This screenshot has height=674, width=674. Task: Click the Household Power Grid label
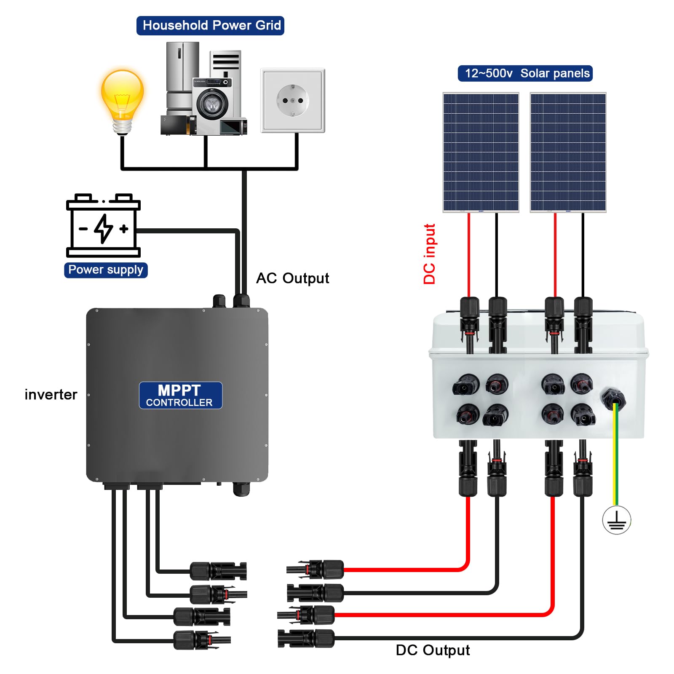210,26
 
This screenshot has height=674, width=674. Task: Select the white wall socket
293,101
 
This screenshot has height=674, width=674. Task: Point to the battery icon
103,226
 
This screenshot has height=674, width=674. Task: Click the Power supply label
106,270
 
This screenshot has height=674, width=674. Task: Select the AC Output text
292,278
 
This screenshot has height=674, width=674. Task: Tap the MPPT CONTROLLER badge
180,395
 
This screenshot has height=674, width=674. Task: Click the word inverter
51,395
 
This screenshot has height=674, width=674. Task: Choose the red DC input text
429,254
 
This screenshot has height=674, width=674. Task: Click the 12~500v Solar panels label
525,73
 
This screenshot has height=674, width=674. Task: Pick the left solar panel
481,152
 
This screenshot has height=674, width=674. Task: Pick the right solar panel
568,152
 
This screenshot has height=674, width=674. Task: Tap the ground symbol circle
616,520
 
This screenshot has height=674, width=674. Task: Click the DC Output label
433,650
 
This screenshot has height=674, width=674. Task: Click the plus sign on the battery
124,229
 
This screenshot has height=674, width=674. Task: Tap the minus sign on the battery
83,229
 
